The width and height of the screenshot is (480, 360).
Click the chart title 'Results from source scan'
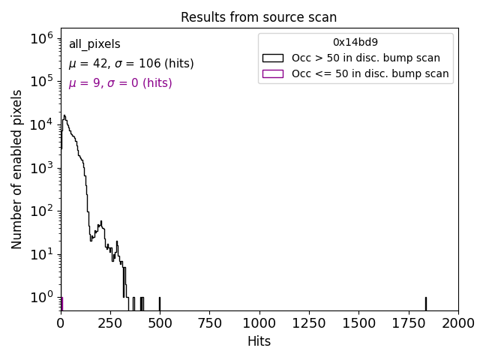[x=259, y=17]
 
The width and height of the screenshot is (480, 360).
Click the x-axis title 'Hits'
[x=259, y=341]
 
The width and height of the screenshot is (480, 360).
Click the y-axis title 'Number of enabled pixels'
[x=17, y=169]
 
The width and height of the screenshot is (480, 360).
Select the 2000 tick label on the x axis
[x=457, y=323]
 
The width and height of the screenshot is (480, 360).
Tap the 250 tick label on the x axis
[x=110, y=323]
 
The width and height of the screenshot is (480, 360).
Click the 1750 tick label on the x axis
[x=408, y=323]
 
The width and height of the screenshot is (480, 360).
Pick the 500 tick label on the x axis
[x=160, y=323]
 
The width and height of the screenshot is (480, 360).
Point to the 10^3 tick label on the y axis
[x=40, y=168]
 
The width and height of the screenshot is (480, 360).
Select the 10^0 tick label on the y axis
[x=40, y=298]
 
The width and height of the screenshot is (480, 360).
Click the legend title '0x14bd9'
[x=355, y=42]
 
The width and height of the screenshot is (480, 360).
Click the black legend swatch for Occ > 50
[x=272, y=58]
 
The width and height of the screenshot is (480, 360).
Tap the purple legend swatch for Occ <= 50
[x=272, y=73]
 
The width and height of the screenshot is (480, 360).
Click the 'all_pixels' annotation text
[x=94, y=44]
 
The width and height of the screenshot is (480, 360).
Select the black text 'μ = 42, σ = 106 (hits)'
[x=131, y=64]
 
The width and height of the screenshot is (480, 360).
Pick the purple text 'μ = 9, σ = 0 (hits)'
[x=120, y=83]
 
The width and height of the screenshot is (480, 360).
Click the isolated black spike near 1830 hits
[x=425, y=303]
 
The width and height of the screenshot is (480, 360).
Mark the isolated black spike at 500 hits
[x=160, y=303]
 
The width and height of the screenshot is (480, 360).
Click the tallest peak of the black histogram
[x=64, y=116]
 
